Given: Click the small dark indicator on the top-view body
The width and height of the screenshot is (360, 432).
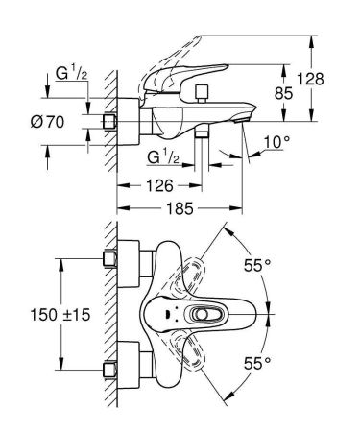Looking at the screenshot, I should tap(169, 312).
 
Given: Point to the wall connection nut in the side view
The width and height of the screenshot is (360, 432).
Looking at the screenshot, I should tap(108, 122).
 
